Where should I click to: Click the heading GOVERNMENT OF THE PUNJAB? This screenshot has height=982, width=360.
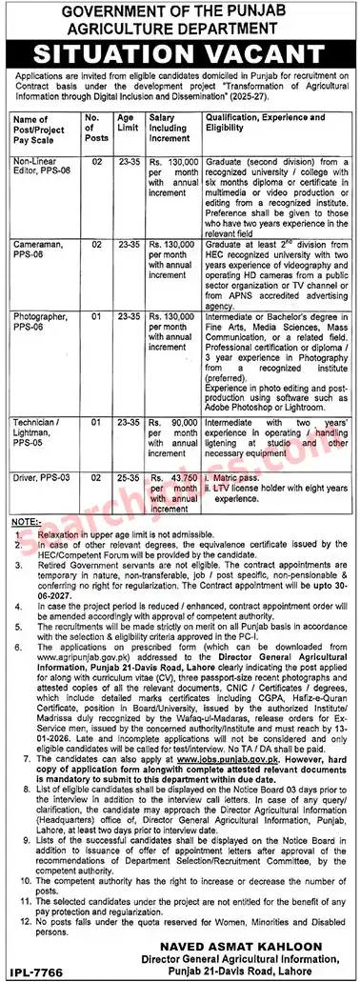click(180, 11)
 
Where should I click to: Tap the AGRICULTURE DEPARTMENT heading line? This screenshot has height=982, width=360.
click(180, 28)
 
